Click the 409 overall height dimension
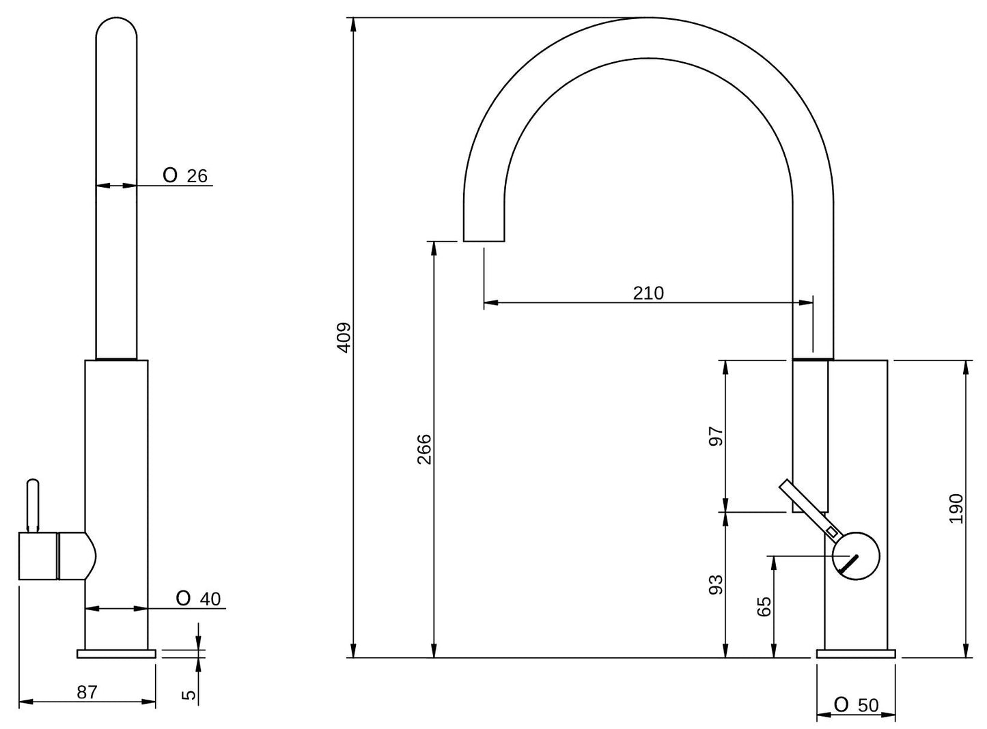(344, 338)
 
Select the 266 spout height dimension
(424, 449)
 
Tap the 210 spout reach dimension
(648, 293)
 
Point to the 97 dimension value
(716, 436)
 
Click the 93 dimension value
(716, 585)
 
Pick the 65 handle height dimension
(764, 606)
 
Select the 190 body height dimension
(956, 509)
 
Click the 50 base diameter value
(868, 705)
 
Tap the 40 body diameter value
(210, 599)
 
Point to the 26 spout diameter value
(197, 177)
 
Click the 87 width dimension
(87, 692)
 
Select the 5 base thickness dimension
(190, 694)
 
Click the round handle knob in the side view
(856, 556)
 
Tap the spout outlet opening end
(484, 241)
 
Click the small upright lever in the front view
(33, 505)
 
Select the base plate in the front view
(856, 653)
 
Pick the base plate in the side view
(116, 653)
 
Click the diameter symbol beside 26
(170, 175)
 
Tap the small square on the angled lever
(831, 532)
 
